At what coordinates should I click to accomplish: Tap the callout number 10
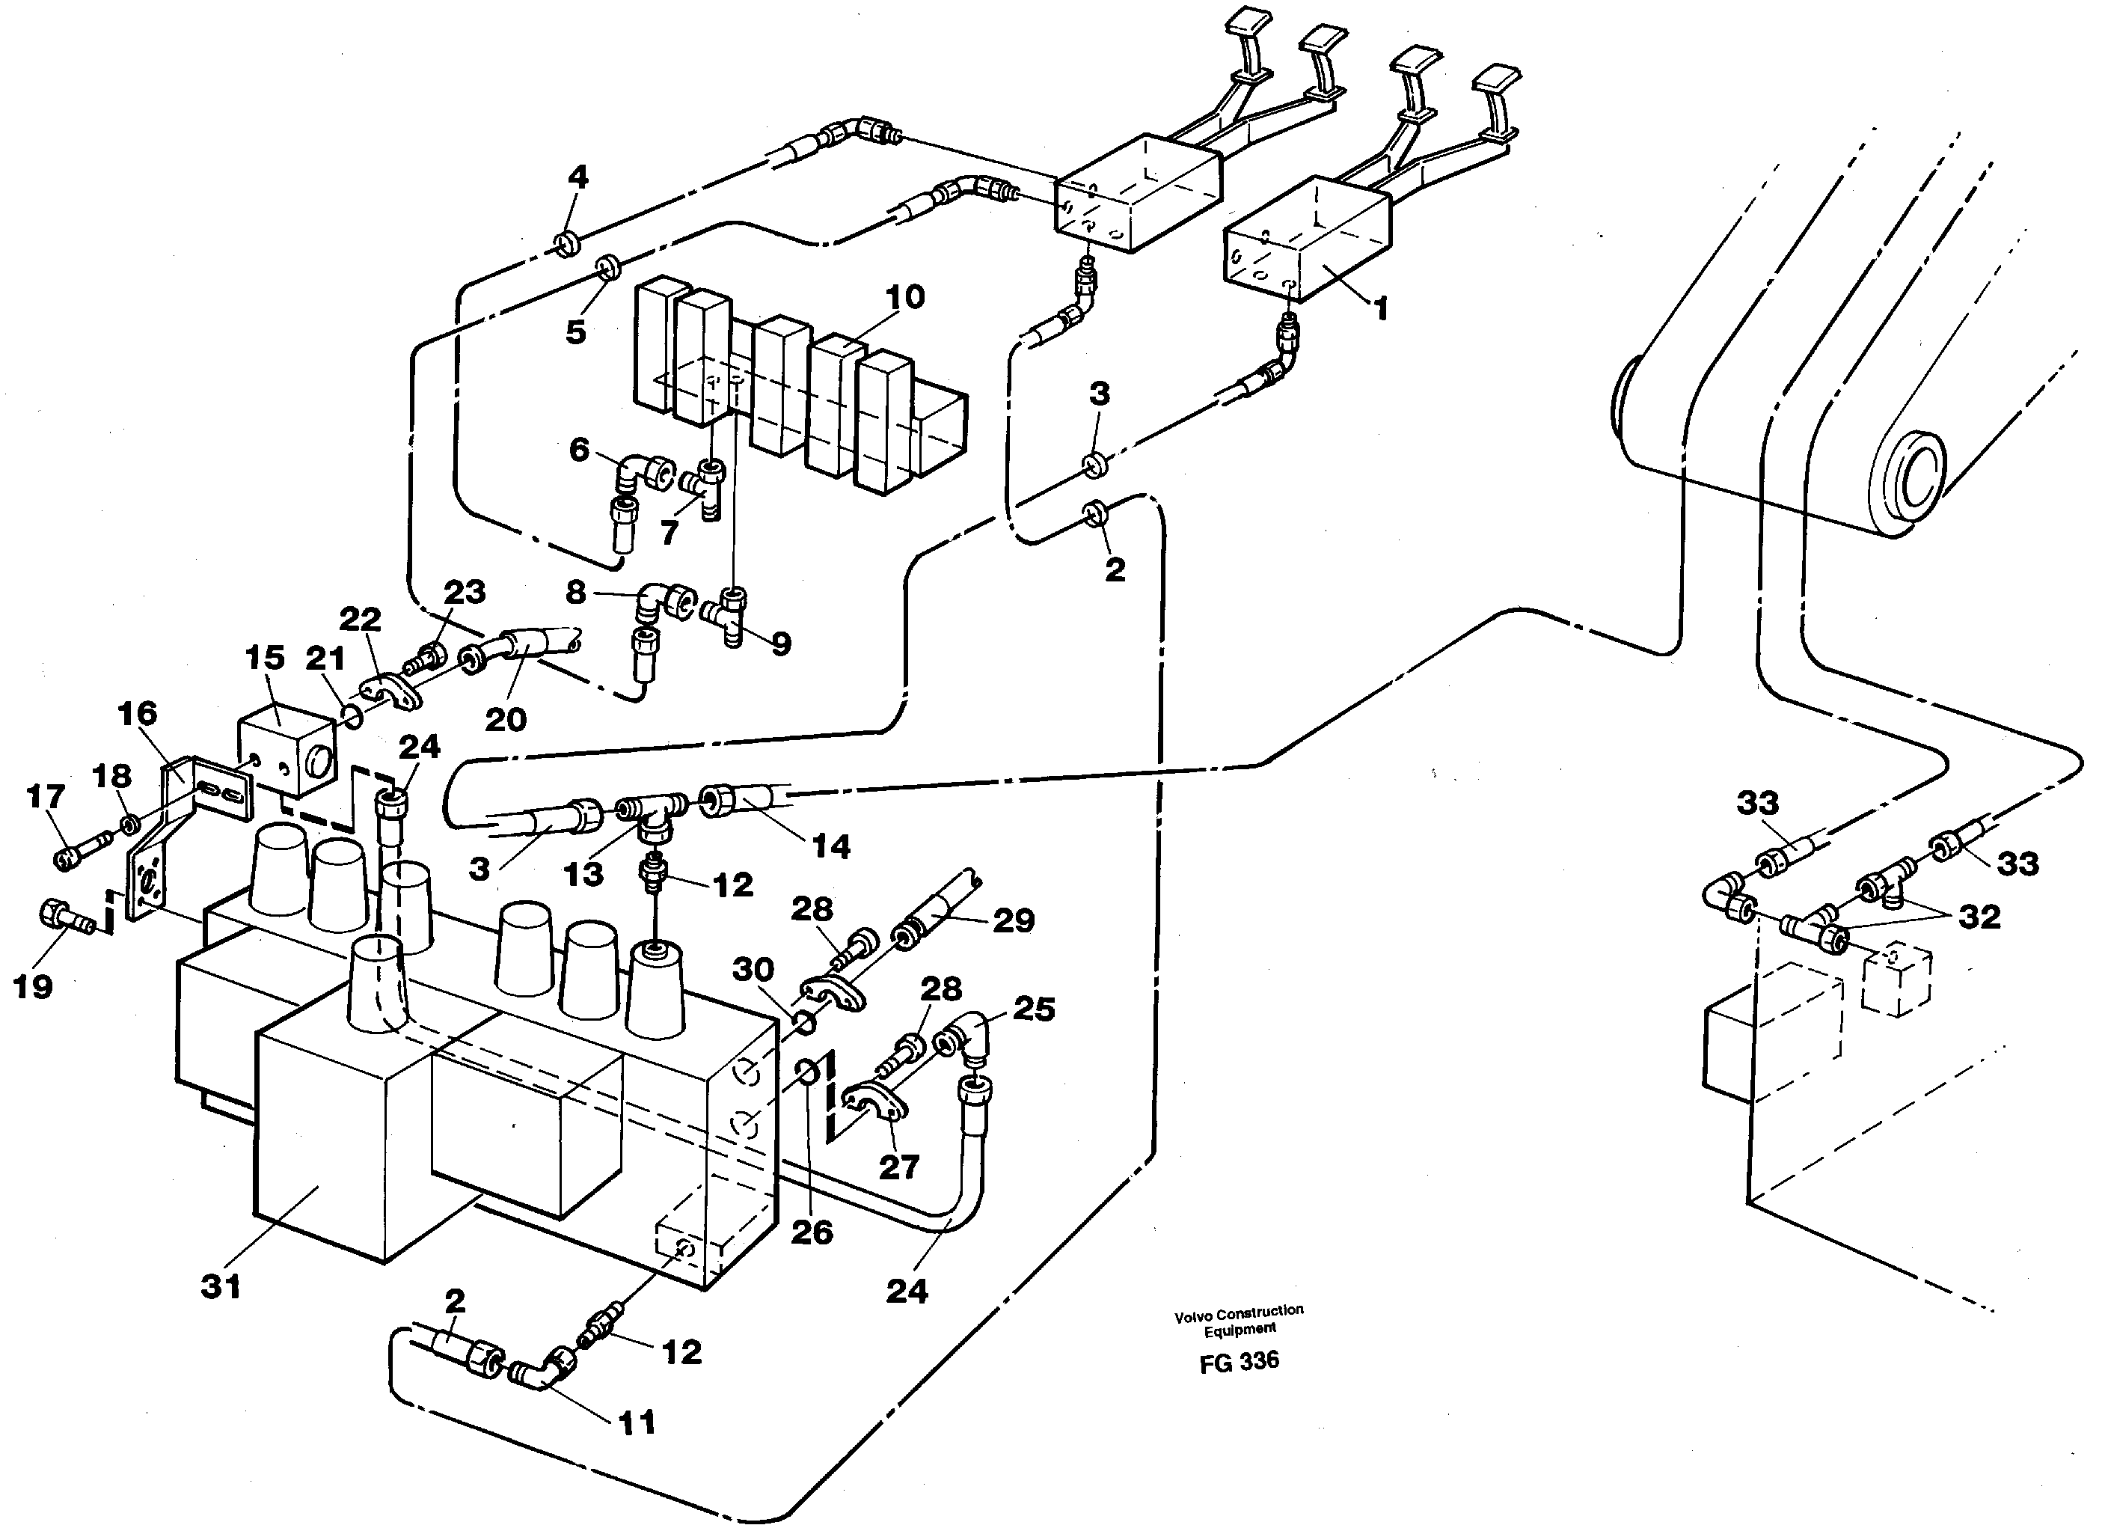[904, 298]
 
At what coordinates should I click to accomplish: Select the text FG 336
[1239, 1361]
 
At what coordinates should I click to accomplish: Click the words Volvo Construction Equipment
[1239, 1320]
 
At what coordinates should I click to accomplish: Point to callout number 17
[46, 797]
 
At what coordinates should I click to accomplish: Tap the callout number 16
[138, 714]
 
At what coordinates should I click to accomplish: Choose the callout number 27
[899, 1167]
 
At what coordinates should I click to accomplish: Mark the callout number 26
[812, 1232]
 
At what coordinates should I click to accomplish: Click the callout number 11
[637, 1422]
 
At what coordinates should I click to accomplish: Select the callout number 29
[1013, 920]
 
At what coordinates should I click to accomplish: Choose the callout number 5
[575, 331]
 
